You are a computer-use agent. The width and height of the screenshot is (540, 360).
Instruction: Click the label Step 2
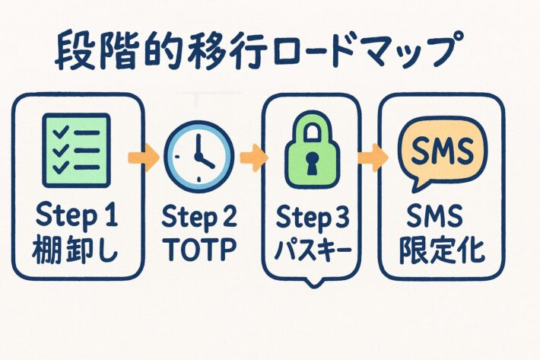pos(199,218)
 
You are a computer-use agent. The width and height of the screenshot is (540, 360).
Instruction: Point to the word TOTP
pos(199,249)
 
